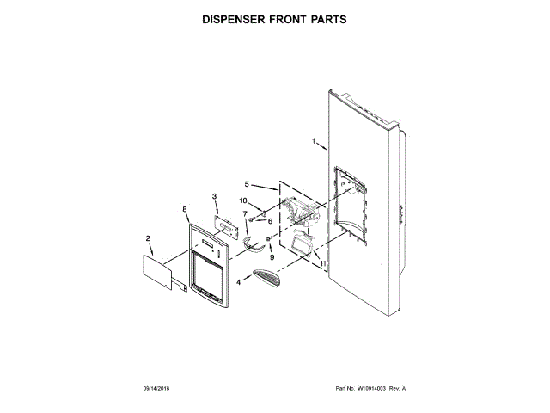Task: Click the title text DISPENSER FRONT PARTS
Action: click(x=274, y=18)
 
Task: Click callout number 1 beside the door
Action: click(x=315, y=141)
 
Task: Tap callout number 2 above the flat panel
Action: click(x=148, y=238)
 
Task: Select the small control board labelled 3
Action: click(x=226, y=225)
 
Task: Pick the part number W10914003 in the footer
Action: click(x=371, y=390)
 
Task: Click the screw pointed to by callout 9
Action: click(x=269, y=238)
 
